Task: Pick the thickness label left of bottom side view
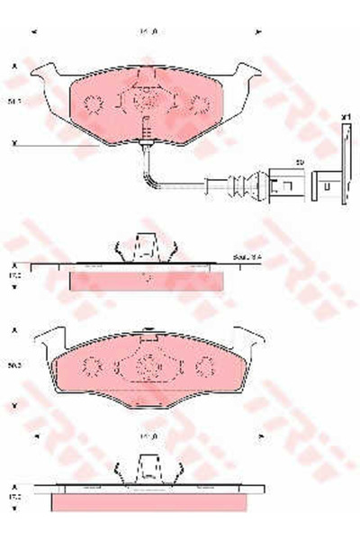[14, 494]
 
